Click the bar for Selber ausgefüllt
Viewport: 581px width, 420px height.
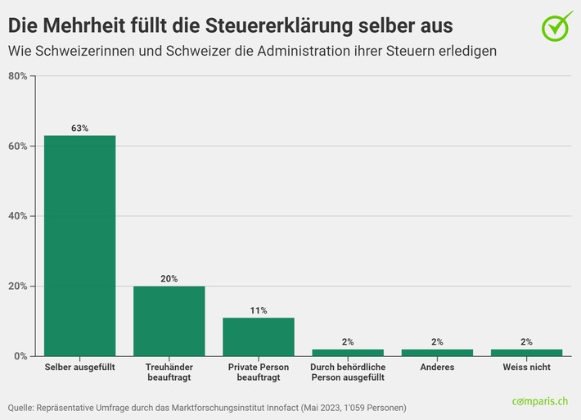(79, 246)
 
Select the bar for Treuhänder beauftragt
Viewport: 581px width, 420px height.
(169, 321)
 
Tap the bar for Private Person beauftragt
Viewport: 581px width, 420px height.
(258, 336)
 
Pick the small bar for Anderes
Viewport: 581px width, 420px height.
(437, 353)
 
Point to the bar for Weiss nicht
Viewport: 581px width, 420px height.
(526, 353)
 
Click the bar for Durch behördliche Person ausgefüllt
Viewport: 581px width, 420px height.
(348, 353)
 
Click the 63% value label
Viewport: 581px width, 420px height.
(79, 129)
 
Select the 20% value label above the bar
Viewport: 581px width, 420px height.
(169, 279)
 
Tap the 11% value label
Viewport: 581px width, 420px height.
(258, 311)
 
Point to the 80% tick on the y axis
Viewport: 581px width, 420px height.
(17, 76)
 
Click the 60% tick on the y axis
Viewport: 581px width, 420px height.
(17, 147)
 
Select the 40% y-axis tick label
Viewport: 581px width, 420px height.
(17, 216)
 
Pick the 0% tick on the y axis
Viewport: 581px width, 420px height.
(20, 356)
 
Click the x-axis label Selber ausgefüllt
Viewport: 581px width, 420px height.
(79, 368)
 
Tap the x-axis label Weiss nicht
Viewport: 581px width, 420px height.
(526, 368)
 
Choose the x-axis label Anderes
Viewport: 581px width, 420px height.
(437, 368)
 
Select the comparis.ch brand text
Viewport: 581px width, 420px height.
(541, 401)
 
